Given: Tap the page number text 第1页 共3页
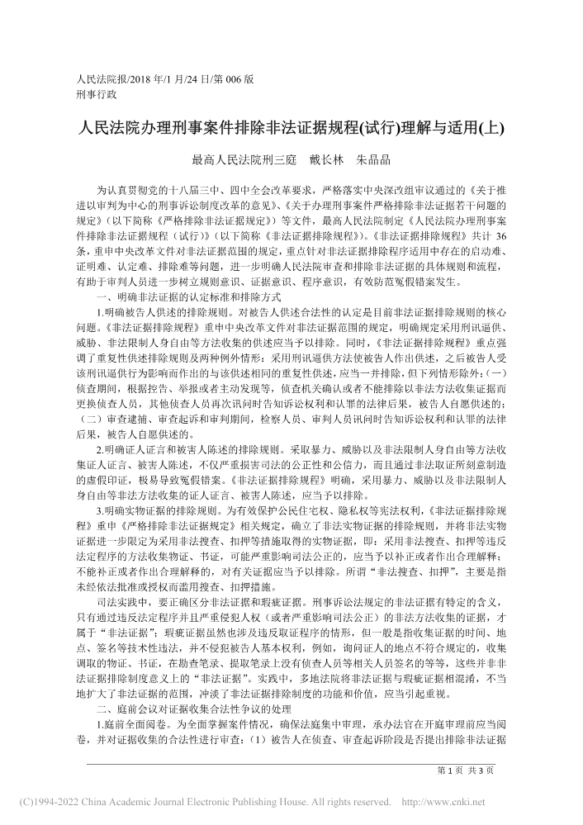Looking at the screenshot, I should pos(466,770).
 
